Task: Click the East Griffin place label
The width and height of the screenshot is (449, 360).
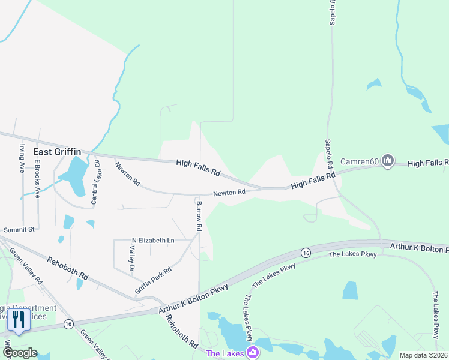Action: pos(57,152)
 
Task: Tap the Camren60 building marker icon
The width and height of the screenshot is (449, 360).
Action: pos(388,161)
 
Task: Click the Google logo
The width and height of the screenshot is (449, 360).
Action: pos(19,353)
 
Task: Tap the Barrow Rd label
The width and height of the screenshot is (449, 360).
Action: pos(199,217)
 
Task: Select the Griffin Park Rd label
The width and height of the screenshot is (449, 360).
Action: pos(153,280)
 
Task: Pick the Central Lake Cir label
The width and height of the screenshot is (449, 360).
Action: pos(95,181)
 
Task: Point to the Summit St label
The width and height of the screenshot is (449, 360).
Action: pos(20,229)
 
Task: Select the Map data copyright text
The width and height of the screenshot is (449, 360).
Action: pos(423,355)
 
